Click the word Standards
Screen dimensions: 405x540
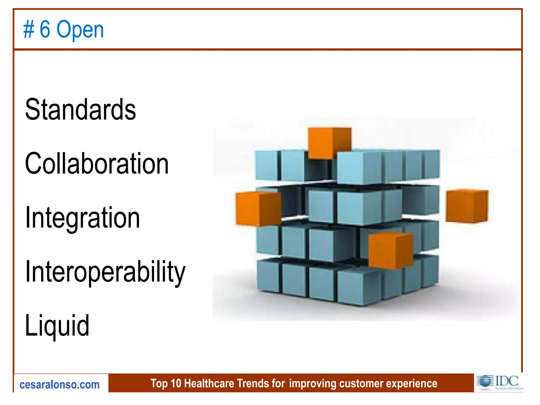pos(80,109)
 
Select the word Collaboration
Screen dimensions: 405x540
pos(97,164)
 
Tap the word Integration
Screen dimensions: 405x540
pos(82,218)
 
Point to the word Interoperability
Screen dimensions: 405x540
pos(105,272)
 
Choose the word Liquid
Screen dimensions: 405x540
pos(57,326)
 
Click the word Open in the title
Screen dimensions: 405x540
pos(80,30)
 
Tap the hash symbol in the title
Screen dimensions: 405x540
pos(29,30)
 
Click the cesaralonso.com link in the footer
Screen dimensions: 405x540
pos(60,385)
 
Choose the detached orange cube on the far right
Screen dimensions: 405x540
pos(467,206)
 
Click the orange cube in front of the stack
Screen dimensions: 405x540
pos(390,250)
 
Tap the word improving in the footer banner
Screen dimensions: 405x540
pos(312,384)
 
